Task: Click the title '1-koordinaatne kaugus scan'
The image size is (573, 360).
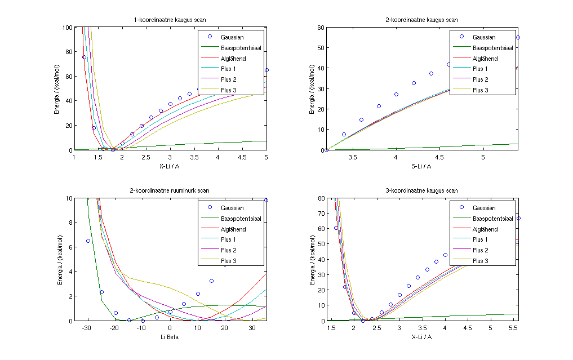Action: pyautogui.click(x=170, y=20)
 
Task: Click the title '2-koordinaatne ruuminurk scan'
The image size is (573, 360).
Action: pyautogui.click(x=170, y=191)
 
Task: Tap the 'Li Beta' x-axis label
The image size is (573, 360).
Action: pyautogui.click(x=170, y=336)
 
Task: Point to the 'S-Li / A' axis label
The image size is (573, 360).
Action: pyautogui.click(x=422, y=166)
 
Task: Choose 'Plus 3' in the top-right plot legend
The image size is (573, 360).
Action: pyautogui.click(x=480, y=90)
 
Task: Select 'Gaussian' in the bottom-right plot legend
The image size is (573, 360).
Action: pyautogui.click(x=484, y=208)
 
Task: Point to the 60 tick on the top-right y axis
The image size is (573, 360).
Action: pyautogui.click(x=319, y=27)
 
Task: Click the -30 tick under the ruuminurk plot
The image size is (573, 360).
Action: pyautogui.click(x=87, y=328)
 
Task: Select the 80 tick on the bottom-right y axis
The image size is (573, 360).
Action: pyautogui.click(x=319, y=198)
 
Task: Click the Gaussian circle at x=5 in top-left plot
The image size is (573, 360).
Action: pyautogui.click(x=266, y=70)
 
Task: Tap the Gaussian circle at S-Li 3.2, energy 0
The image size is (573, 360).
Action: pyautogui.click(x=326, y=150)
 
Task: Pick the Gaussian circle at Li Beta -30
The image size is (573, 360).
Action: pyautogui.click(x=88, y=241)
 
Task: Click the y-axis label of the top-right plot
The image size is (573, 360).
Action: pyautogui.click(x=312, y=88)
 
